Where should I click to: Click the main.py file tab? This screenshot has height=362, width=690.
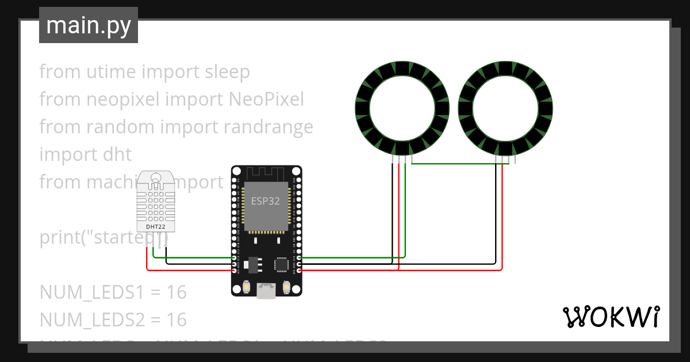pyautogui.click(x=88, y=25)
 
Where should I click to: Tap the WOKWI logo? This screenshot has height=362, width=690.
pyautogui.click(x=610, y=317)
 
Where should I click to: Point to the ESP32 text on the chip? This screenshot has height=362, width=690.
pyautogui.click(x=265, y=201)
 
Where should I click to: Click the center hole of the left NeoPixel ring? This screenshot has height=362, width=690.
pyautogui.click(x=401, y=109)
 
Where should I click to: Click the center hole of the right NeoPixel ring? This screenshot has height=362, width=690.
pyautogui.click(x=506, y=109)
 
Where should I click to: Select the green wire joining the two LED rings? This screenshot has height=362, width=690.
pyautogui.click(x=454, y=164)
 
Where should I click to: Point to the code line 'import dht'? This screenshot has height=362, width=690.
pyautogui.click(x=85, y=155)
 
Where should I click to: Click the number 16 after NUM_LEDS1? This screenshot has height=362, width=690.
pyautogui.click(x=177, y=292)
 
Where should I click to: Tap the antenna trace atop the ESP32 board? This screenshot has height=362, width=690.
pyautogui.click(x=266, y=172)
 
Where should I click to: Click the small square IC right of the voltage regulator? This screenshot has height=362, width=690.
pyautogui.click(x=282, y=264)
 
